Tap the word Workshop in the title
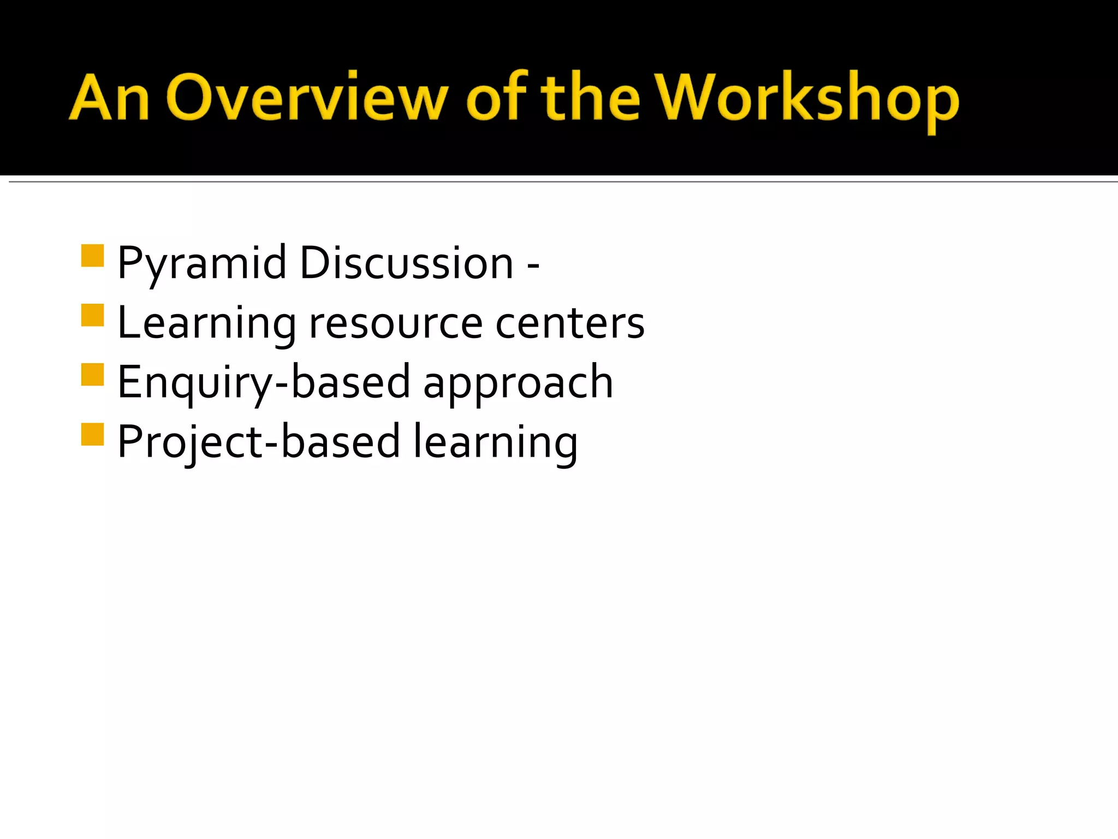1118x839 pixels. tap(807, 98)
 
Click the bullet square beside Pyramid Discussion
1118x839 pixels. tap(92, 255)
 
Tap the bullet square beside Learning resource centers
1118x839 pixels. tap(92, 315)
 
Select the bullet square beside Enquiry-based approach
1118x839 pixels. tap(92, 375)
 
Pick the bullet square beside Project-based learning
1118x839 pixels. tap(92, 434)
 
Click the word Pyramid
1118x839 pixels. tap(202, 264)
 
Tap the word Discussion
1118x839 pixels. tap(407, 264)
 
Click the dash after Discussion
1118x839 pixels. tap(533, 265)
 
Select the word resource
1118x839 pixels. tap(396, 323)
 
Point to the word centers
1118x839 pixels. tap(570, 323)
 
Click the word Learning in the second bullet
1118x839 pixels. tap(206, 323)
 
